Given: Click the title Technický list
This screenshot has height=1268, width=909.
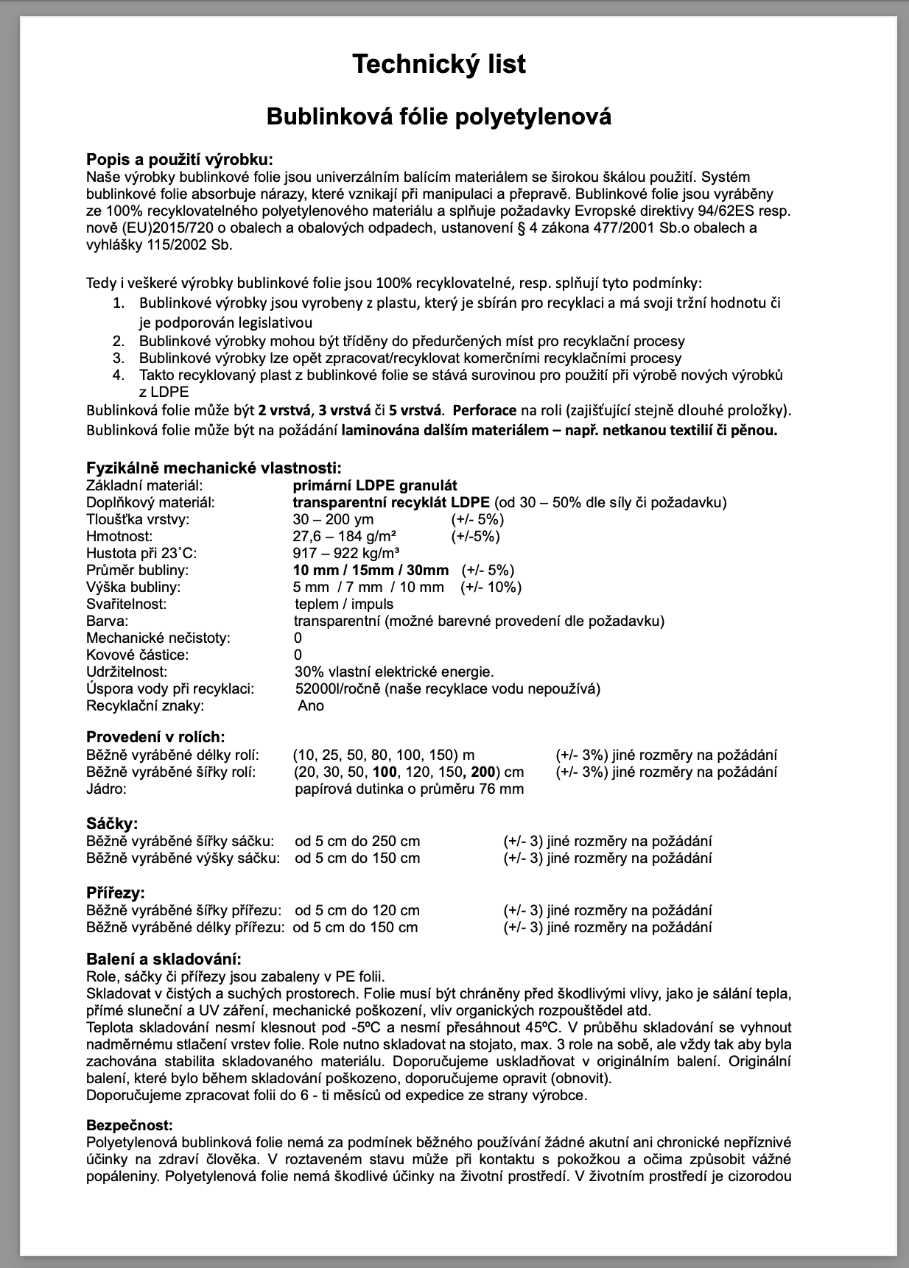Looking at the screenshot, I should (439, 64).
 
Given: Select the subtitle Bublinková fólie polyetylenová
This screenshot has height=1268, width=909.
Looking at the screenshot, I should (439, 116).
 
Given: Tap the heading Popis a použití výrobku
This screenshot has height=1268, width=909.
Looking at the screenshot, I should (180, 160).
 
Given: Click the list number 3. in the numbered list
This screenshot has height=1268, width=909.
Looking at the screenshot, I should (119, 358).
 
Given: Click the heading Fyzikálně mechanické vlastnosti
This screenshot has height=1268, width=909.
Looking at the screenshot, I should (214, 468).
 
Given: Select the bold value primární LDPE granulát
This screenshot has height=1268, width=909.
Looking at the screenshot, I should (375, 485).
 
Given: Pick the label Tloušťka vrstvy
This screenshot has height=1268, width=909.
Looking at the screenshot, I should (138, 519).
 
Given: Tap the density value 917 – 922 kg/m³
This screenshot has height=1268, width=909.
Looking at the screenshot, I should (346, 553).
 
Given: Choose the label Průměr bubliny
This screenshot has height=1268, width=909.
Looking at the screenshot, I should (137, 570).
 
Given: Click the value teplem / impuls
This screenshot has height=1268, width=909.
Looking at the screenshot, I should (344, 604).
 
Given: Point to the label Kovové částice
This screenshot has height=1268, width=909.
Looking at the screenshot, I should (137, 655).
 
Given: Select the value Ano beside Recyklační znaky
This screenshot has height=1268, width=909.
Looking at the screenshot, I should (311, 705).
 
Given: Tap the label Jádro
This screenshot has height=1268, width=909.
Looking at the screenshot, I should (107, 789).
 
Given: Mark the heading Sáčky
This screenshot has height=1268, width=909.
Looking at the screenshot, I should (112, 823).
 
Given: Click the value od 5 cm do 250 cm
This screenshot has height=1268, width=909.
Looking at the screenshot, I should (357, 841).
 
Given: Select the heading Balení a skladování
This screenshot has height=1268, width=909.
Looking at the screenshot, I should (164, 959).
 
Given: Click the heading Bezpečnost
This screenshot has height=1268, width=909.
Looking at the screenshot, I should (130, 1126).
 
